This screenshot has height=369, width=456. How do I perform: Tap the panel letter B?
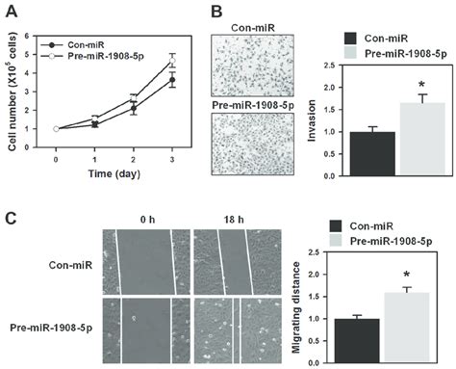pos(217,12)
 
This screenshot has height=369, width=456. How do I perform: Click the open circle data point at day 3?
pos(172,61)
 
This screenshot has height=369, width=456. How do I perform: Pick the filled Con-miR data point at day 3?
pos(172,80)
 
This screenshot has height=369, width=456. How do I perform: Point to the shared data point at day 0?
pos(56,129)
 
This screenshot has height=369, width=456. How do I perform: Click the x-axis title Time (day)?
pos(114,173)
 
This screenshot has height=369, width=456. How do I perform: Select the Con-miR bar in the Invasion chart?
pos(372,154)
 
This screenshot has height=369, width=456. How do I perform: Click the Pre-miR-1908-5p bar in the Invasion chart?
pos(422,140)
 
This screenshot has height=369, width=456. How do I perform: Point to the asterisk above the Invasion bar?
pos(421,85)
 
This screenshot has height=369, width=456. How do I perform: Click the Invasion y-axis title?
pos(312,120)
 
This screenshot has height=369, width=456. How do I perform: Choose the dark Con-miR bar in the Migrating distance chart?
pos(357,341)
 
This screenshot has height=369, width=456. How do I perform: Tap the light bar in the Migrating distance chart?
pos(407,328)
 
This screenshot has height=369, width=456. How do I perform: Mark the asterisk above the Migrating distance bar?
pos(407,275)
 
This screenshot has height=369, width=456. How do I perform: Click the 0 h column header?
pos(147,220)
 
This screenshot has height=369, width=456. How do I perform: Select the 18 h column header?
pos(234,220)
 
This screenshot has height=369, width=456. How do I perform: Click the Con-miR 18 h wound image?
pos(238,262)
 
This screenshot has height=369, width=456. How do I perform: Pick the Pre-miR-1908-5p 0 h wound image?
pos(146,330)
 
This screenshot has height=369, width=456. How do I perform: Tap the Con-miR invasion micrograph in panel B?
pos(252,66)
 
